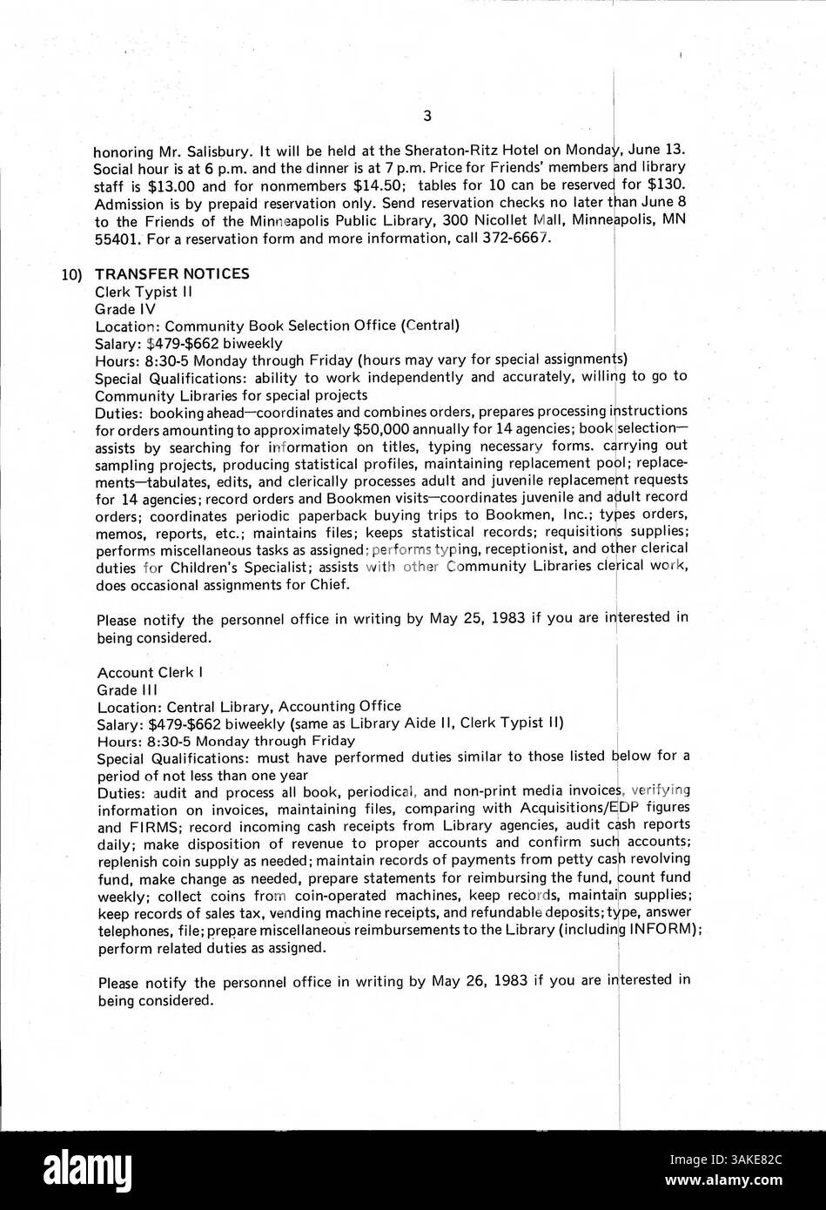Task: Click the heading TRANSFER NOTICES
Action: point(172,273)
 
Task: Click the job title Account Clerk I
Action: point(144,672)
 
